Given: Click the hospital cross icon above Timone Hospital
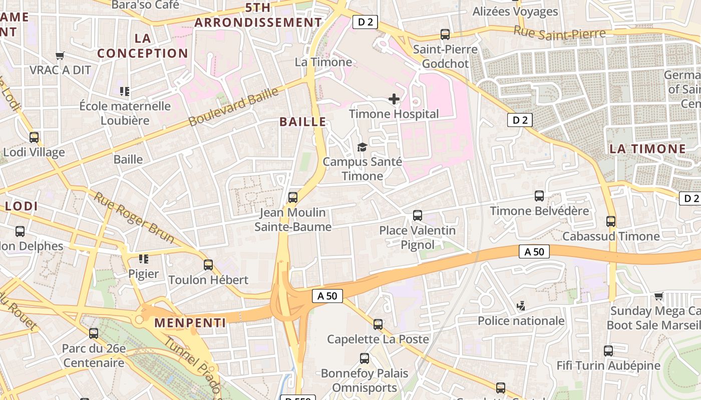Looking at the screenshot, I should pyautogui.click(x=394, y=99).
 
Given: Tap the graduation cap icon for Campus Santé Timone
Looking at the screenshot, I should pyautogui.click(x=362, y=147).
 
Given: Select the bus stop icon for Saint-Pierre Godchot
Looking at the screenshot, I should pyautogui.click(x=445, y=34).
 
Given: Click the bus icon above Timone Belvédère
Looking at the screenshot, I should pyautogui.click(x=539, y=196).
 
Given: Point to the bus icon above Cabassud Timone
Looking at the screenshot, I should pyautogui.click(x=610, y=221).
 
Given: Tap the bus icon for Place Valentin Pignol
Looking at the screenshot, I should pyautogui.click(x=417, y=215).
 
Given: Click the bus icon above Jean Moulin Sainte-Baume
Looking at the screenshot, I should pyautogui.click(x=293, y=197).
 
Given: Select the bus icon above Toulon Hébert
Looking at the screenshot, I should pyautogui.click(x=208, y=264).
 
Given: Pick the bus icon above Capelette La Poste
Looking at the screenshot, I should pyautogui.click(x=378, y=324).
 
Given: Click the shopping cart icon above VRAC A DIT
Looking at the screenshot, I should pyautogui.click(x=60, y=55).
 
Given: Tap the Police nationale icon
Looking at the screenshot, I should pyautogui.click(x=521, y=305).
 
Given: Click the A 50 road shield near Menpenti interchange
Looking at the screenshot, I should pyautogui.click(x=327, y=296).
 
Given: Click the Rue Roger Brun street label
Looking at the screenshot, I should pyautogui.click(x=134, y=217).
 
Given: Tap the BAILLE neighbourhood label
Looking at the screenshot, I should pyautogui.click(x=302, y=121).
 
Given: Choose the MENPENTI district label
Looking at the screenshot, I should pyautogui.click(x=190, y=323).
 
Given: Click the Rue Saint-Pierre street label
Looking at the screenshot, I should pyautogui.click(x=559, y=33).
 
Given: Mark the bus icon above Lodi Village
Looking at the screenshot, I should pyautogui.click(x=34, y=137).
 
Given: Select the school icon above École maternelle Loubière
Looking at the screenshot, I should pyautogui.click(x=125, y=91).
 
